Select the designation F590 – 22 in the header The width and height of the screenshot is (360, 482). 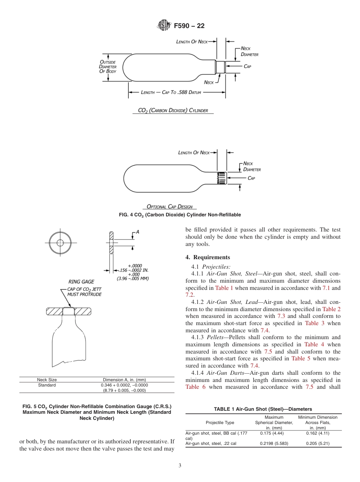[x=189, y=26]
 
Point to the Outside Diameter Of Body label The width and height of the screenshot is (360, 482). [x=108, y=67]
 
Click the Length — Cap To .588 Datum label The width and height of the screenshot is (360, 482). [x=171, y=92]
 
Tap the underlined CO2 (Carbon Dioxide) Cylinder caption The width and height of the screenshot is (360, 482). [x=173, y=111]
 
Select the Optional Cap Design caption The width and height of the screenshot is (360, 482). [x=169, y=207]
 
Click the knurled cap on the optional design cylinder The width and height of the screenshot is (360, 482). [x=222, y=178]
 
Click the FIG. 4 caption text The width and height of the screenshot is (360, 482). [x=180, y=215]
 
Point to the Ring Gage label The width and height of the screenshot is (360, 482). [x=81, y=282]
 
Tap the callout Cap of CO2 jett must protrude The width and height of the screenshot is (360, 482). [x=84, y=292]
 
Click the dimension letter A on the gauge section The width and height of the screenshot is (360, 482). [x=137, y=232]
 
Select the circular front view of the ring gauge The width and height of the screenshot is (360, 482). [x=60, y=243]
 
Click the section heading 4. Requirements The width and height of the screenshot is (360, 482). [x=208, y=257]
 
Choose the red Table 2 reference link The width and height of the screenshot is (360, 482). [x=331, y=309]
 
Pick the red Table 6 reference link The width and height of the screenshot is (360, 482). [x=196, y=387]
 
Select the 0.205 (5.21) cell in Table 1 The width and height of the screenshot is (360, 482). [x=318, y=443]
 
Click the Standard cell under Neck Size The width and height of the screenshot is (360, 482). [x=47, y=385]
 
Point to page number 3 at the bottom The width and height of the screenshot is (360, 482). [x=180, y=466]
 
